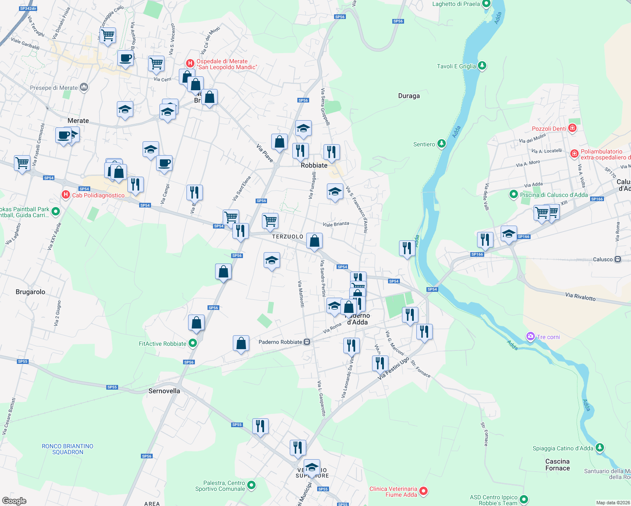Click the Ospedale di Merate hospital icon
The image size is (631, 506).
(x=190, y=64)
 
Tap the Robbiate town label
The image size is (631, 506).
(x=314, y=165)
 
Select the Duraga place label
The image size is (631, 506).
(x=409, y=96)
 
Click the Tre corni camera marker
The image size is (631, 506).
(x=530, y=336)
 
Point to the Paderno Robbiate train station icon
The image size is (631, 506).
(x=307, y=342)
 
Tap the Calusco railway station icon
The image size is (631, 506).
(x=618, y=259)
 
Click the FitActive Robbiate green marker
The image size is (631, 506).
(x=193, y=343)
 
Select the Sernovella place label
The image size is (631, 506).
(x=164, y=391)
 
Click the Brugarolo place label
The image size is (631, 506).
(x=30, y=292)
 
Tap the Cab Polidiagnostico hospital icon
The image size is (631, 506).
(x=65, y=195)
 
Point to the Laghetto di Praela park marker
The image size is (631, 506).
(x=486, y=4)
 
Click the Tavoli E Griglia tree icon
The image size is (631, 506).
(x=482, y=66)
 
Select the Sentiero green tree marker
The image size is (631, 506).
(x=441, y=144)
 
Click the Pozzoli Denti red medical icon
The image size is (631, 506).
(x=572, y=128)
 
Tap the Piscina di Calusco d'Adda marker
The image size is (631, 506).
(x=513, y=194)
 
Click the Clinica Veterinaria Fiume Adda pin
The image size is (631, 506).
(x=424, y=491)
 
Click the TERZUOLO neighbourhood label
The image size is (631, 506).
(x=288, y=237)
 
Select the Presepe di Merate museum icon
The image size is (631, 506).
(x=84, y=87)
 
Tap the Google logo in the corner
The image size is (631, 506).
(x=14, y=501)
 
